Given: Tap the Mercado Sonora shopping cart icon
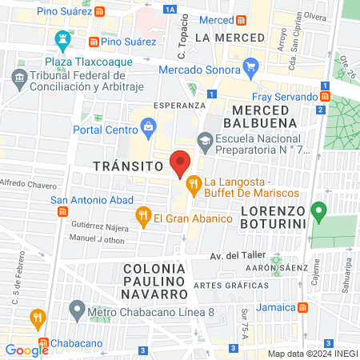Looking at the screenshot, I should [x=251, y=66].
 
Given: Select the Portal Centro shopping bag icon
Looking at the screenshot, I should [x=149, y=125].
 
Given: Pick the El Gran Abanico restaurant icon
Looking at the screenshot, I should [x=143, y=214].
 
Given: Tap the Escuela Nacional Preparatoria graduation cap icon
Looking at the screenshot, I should [x=204, y=139].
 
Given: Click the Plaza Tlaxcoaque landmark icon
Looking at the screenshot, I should [x=62, y=38].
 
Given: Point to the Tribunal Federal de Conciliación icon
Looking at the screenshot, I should [x=18, y=76].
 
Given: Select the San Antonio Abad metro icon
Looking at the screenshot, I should [x=62, y=211].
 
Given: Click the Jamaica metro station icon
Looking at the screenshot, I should [x=302, y=307].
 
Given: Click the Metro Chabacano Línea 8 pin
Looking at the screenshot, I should [x=76, y=308].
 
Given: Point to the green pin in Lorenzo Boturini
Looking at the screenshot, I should [x=318, y=211].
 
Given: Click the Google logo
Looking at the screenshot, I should [x=27, y=350].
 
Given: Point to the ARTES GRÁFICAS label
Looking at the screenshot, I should [x=230, y=286].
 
